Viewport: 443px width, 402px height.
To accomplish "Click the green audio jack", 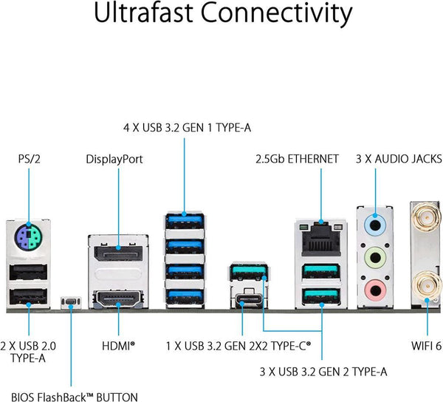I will tap(374, 256).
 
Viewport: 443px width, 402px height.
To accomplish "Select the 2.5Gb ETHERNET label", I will tap(297, 158).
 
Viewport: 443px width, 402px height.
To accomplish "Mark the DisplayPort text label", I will tap(114, 158).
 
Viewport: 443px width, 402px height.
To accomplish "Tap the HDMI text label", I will tap(118, 344).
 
